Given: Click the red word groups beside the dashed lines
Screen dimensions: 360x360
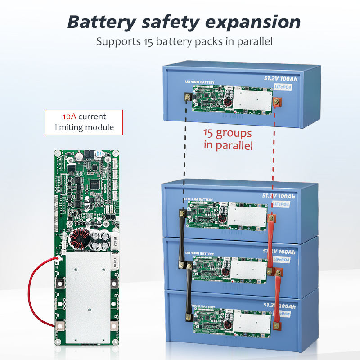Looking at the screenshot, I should (234, 133).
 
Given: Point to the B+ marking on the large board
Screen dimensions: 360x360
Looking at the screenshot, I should (58, 260).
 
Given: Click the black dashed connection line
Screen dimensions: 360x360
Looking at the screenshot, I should (184, 153).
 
